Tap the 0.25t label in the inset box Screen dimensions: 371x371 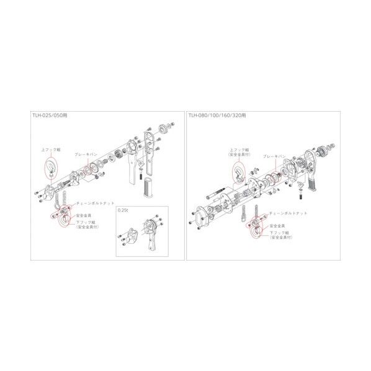(x=123, y=211)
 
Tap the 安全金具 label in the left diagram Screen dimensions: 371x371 (x=83, y=217)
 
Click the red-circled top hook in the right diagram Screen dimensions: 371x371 (x=238, y=171)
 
